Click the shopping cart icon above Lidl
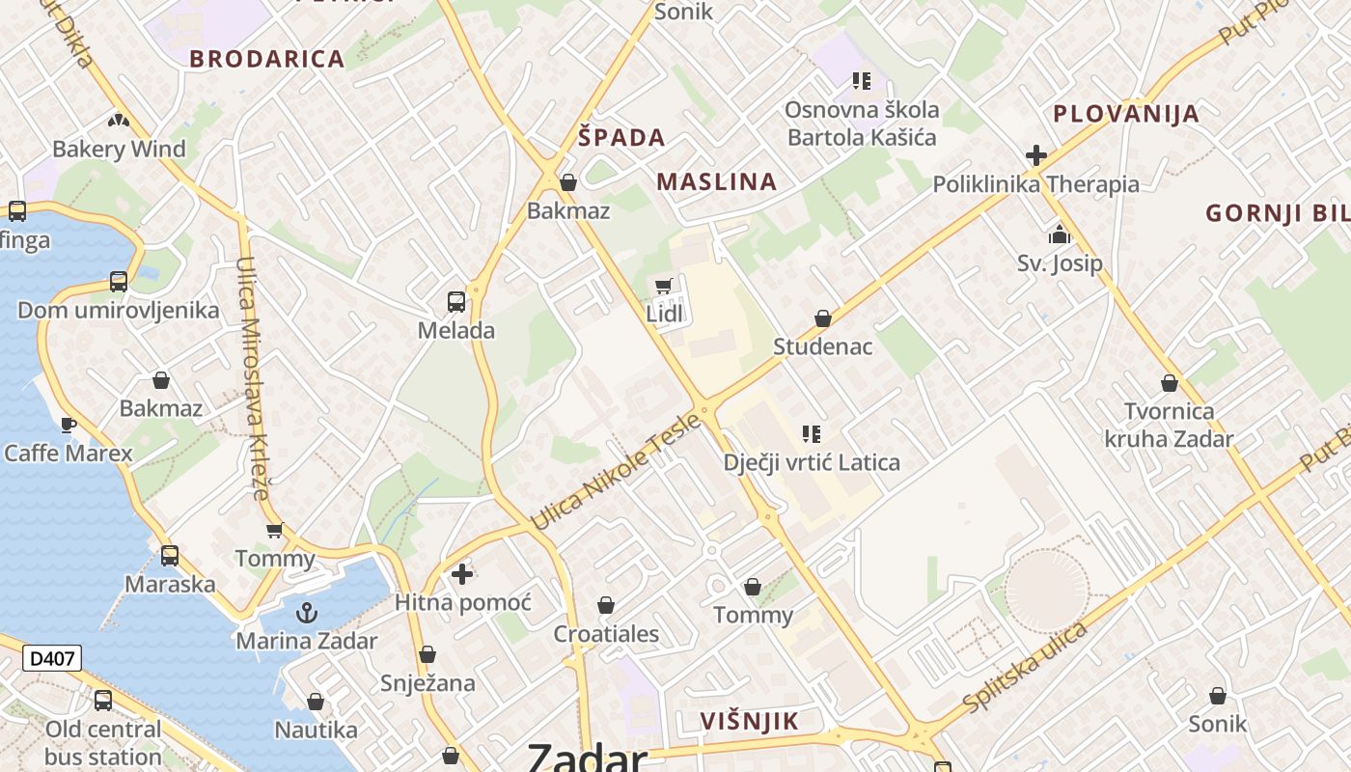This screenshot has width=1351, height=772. [663, 286]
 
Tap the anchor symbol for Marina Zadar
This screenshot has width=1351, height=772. [306, 612]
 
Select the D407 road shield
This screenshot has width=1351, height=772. [52, 659]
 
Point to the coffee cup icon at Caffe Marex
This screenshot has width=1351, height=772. [69, 425]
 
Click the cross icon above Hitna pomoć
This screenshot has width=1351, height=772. [462, 574]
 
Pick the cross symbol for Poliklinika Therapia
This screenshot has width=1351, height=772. [1036, 154]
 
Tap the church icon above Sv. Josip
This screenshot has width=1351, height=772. [1060, 234]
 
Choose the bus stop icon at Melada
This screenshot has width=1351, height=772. [456, 302]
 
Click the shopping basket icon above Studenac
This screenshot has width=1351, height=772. [823, 318]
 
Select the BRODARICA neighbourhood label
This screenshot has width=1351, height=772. [267, 59]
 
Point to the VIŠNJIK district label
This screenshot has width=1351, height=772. [750, 721]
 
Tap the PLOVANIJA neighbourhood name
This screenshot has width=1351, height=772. [1126, 114]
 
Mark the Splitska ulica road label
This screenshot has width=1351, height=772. [1026, 667]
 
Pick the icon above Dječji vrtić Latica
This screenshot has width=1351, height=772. [812, 434]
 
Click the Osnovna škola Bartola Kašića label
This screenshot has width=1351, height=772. [862, 124]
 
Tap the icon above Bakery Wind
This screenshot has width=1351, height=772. [119, 122]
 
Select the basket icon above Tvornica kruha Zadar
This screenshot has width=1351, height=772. [1170, 384]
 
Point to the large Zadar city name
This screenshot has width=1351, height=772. [586, 758]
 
